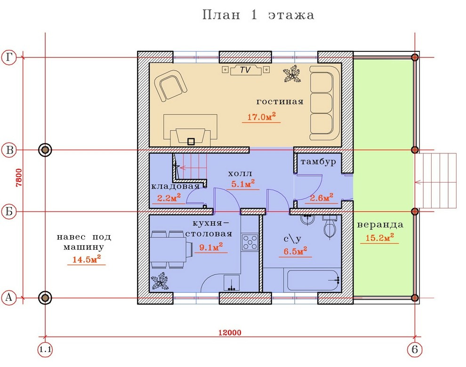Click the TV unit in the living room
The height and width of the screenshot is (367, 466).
pos(246,70)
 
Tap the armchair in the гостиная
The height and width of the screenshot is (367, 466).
pos(170,88)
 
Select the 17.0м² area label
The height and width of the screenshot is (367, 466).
pos(261,117)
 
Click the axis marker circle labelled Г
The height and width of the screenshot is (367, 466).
pos(9,57)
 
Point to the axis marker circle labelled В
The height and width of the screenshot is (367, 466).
pos(9,150)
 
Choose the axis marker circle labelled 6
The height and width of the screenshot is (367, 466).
pos(415,350)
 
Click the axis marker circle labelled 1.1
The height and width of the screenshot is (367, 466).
pos(45,350)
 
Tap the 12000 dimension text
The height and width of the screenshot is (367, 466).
pos(230,333)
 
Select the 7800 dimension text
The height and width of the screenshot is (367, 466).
pos(19,177)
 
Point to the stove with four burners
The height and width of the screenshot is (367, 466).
pos(250,242)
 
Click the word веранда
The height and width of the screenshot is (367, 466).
pos(380,225)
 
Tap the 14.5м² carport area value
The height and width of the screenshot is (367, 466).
pos(87,259)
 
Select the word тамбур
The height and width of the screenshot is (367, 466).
pos(318,162)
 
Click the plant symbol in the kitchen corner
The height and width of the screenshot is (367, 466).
pos(159,283)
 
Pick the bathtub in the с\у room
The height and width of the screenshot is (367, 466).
pos(314,280)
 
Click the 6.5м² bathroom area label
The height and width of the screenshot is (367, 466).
pos(295,251)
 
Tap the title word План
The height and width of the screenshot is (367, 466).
pos(221,15)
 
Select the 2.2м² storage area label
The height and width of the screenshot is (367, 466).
pos(169,198)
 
